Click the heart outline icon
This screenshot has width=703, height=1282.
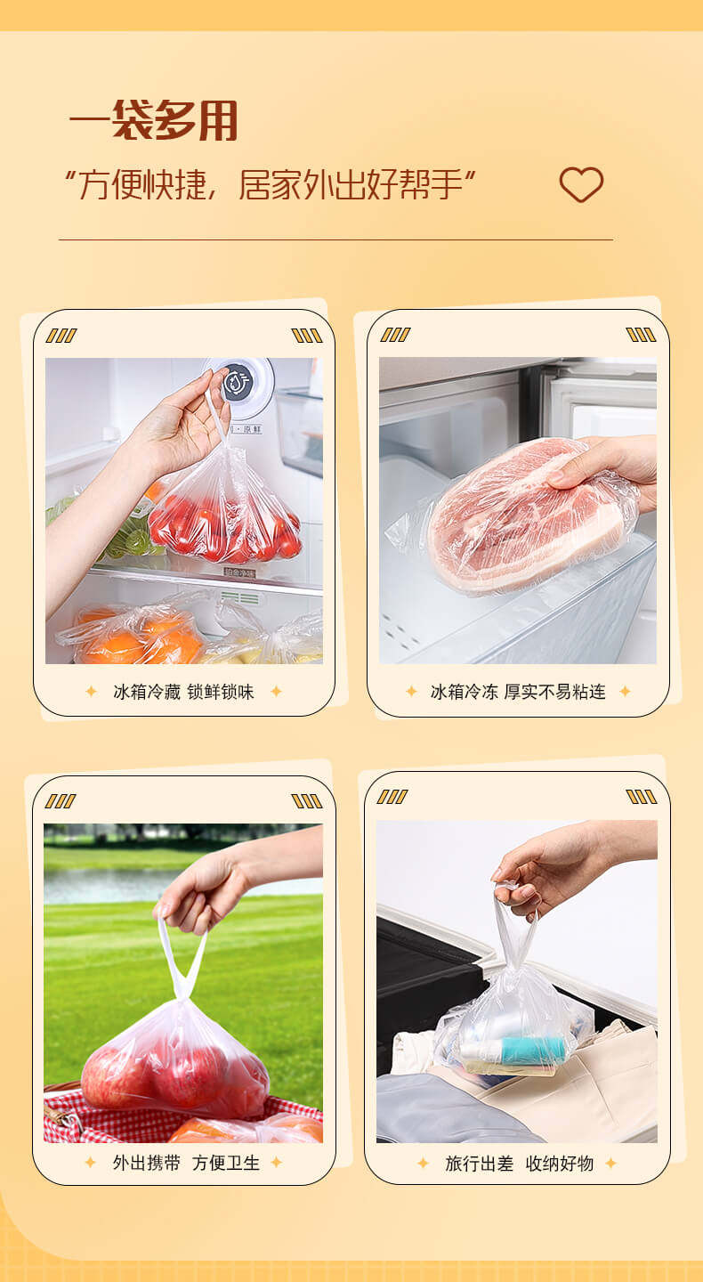[581, 184]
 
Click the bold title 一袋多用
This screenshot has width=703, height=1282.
[153, 120]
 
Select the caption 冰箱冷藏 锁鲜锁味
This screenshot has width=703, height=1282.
[183, 692]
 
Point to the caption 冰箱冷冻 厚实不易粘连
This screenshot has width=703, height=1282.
[518, 692]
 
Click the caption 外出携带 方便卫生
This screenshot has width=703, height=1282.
[186, 1163]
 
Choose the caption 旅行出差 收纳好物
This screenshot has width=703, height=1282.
[520, 1163]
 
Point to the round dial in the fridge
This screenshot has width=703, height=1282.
[239, 381]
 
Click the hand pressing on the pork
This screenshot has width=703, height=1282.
[606, 467]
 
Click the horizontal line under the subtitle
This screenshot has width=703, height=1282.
[335, 239]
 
